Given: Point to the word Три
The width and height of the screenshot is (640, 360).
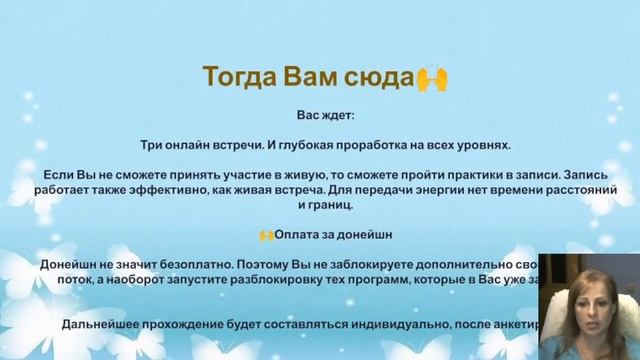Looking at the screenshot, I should tap(146, 144).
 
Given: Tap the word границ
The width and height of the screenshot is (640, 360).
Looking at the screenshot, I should tap(333, 205).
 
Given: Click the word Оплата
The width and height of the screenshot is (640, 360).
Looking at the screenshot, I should tap(299, 235).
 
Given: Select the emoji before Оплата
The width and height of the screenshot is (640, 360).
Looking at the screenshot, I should tap(266, 235).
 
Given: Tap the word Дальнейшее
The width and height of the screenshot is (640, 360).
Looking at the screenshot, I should tap(105, 323).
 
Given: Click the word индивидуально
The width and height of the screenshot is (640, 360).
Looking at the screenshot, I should tap(406, 323).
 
